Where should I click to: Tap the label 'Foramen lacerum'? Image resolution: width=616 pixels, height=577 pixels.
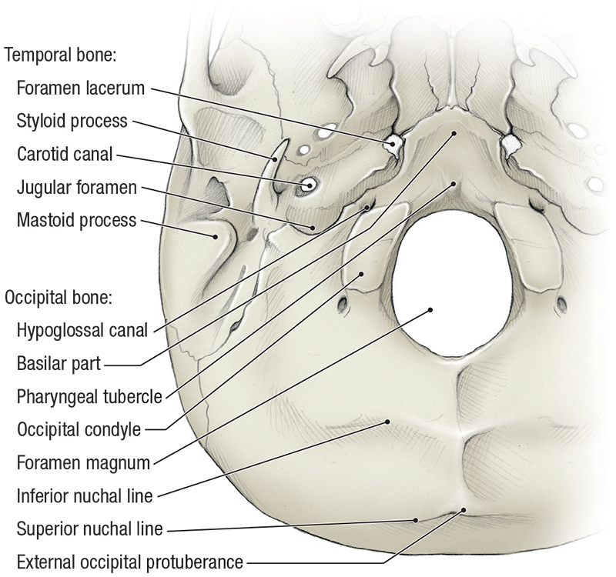click(x=80, y=88)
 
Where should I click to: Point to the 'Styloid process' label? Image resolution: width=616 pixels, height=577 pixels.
click(x=72, y=121)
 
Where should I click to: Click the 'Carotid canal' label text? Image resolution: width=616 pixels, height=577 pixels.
click(x=65, y=154)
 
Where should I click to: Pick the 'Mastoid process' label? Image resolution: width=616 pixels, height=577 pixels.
click(x=76, y=221)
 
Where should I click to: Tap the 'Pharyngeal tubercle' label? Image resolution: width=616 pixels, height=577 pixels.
click(x=89, y=397)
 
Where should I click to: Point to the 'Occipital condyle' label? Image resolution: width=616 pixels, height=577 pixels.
click(x=79, y=429)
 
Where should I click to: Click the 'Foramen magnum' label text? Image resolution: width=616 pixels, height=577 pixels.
click(x=82, y=463)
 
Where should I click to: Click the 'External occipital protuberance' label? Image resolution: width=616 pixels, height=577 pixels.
click(x=129, y=562)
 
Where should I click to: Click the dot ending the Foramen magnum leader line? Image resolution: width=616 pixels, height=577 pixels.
click(x=430, y=310)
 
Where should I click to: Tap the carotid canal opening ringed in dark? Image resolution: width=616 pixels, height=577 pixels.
click(x=310, y=185)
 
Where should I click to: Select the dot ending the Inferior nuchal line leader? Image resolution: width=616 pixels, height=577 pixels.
click(x=389, y=421)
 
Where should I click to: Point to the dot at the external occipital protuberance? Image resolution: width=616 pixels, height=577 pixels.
click(x=464, y=509)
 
